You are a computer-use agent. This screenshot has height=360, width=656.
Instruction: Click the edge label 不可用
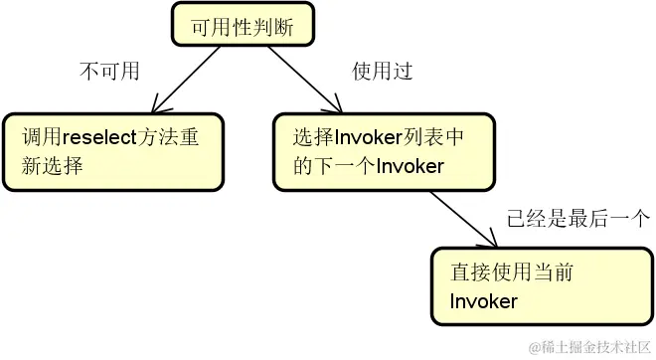click(108, 72)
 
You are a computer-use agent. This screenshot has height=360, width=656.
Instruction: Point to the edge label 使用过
click(382, 72)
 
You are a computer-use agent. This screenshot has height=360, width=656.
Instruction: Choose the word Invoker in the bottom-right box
click(484, 300)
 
